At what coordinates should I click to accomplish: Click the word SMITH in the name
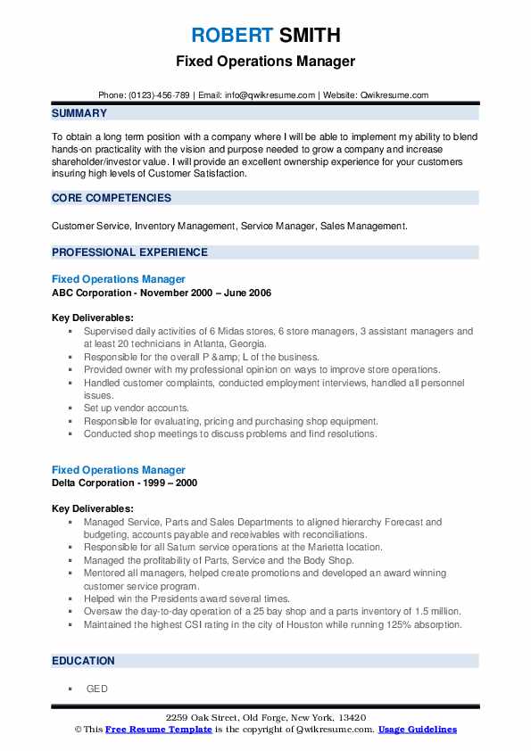pyautogui.click(x=309, y=36)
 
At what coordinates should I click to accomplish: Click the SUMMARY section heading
pyautogui.click(x=79, y=113)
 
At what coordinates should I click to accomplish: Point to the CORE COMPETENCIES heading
pyautogui.click(x=112, y=198)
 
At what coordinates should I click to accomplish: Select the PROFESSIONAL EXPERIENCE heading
pyautogui.click(x=129, y=252)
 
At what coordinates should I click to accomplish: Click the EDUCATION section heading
pyautogui.click(x=84, y=661)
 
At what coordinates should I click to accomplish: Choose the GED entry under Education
pyautogui.click(x=95, y=689)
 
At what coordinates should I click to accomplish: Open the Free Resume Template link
pyautogui.click(x=159, y=730)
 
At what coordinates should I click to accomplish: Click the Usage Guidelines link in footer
pyautogui.click(x=417, y=730)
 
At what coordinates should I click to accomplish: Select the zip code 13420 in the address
pyautogui.click(x=351, y=718)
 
